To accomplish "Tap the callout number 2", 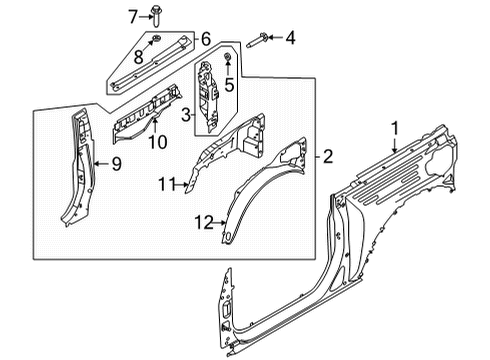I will click(327, 156).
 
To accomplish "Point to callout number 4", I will click(290, 39).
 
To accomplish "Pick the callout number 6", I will click(206, 39).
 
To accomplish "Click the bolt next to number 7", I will click(158, 14).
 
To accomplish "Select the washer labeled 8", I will click(158, 41).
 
